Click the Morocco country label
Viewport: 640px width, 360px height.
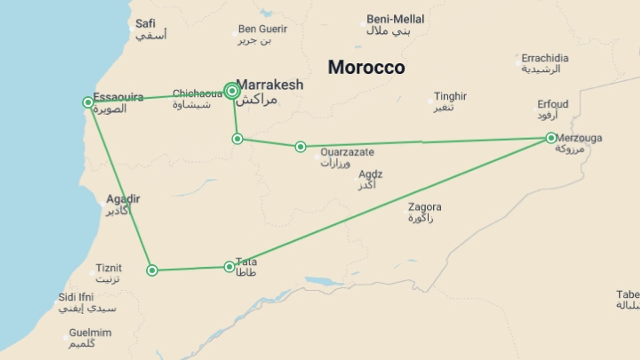point(366,67)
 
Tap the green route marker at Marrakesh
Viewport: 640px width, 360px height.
point(232,91)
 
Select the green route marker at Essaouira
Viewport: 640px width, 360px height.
point(88,102)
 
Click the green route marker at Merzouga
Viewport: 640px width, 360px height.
point(551,138)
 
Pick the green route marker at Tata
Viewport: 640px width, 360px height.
point(229,267)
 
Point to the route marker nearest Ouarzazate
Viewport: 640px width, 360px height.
point(300,147)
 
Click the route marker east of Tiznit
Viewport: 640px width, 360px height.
point(152,270)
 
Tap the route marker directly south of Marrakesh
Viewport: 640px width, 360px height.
point(237,139)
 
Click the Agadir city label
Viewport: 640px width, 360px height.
point(123,199)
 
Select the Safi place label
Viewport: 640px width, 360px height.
point(145,24)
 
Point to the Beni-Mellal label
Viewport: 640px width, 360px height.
point(395,19)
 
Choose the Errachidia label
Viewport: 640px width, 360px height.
point(545,58)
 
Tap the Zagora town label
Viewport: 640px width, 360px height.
point(425,207)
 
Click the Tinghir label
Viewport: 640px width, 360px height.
point(450,97)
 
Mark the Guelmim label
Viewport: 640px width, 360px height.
point(90,333)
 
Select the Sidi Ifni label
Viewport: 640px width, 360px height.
point(76,297)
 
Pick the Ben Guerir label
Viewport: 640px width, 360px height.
point(263,29)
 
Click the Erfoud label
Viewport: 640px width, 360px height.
point(553,104)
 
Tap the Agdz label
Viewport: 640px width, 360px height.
point(370,174)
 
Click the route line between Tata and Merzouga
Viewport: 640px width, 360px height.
point(390,202)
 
